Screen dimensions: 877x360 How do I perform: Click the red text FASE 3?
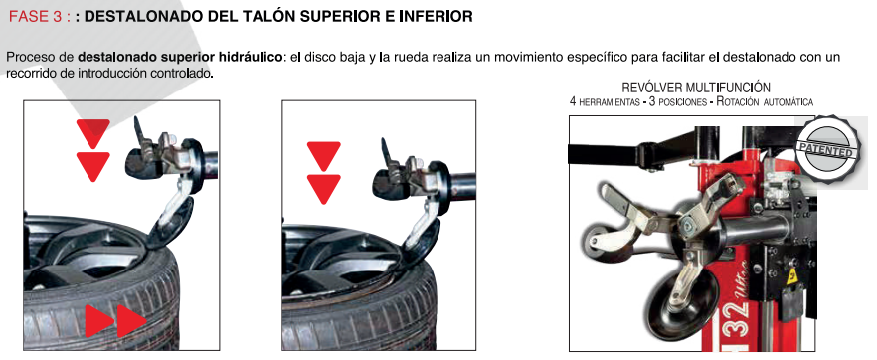tap(36, 17)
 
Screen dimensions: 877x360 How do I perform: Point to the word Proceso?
tap(28, 57)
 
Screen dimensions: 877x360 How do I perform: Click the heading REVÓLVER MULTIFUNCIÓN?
tap(696, 88)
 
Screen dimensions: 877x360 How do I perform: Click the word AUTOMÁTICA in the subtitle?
tap(787, 102)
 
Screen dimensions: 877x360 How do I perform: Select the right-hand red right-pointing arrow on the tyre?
tap(131, 321)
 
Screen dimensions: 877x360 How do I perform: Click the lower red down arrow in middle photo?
tap(323, 189)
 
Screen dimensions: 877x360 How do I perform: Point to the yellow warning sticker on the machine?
tap(791, 277)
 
